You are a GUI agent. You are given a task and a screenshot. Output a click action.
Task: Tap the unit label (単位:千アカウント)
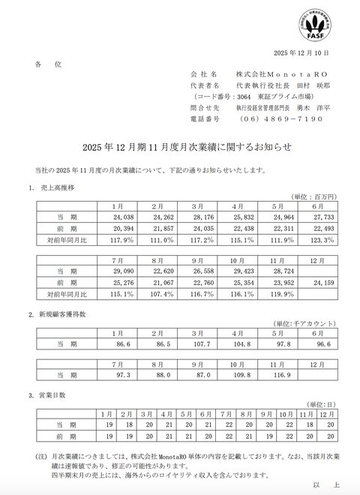click(302, 322)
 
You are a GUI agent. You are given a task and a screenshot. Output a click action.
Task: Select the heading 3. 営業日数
click(52, 394)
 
